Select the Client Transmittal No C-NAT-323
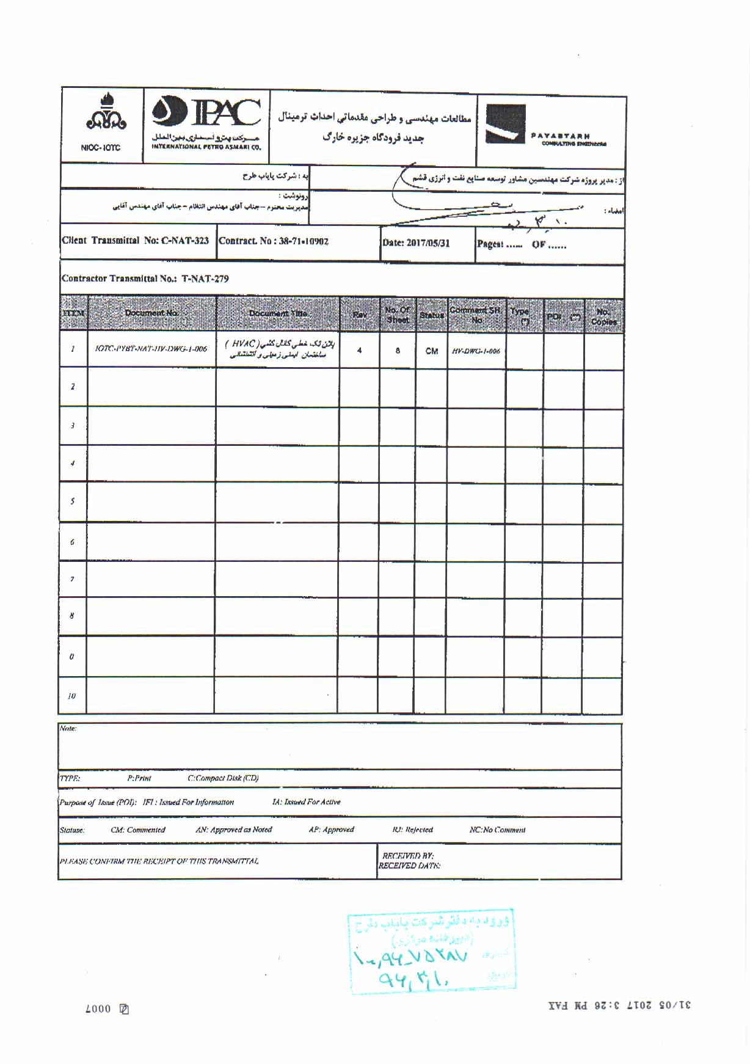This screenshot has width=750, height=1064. coord(135,241)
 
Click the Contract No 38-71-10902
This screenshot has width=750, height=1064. coord(274,241)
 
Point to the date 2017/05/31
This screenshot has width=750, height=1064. coord(416,243)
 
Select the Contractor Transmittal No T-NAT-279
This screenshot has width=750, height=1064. coord(145,279)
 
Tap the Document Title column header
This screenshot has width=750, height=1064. coord(277,313)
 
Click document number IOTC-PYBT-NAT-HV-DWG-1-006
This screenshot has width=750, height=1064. coord(151,349)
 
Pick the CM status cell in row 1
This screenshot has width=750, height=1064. coord(431,351)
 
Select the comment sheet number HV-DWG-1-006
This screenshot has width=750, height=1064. coord(476,351)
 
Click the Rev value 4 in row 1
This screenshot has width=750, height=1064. coord(359,351)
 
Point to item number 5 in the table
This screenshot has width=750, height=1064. coord(73,501)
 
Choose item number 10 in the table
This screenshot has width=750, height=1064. coord(71,696)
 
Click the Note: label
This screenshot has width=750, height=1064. coord(68,728)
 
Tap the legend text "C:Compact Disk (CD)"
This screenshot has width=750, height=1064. coord(223,778)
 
